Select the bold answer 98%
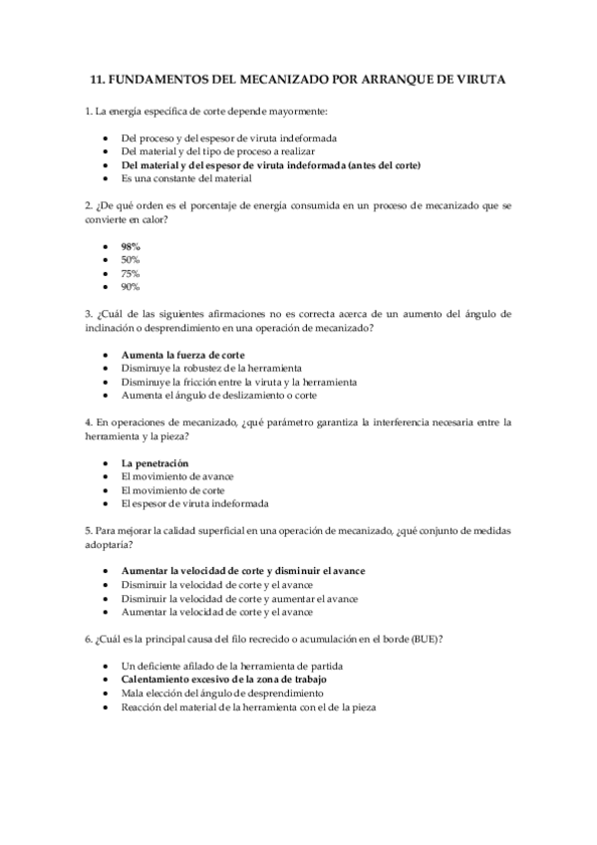[x=131, y=246]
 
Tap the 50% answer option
[x=131, y=259]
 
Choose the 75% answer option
[x=131, y=273]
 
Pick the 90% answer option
[x=131, y=287]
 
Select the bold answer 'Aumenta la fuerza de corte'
[x=182, y=355]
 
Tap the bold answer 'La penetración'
[x=155, y=463]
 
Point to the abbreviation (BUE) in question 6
[x=426, y=639]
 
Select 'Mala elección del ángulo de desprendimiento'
[x=213, y=693]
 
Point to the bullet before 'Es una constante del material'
[x=106, y=178]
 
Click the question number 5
[x=89, y=531]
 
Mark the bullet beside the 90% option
[x=106, y=287]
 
